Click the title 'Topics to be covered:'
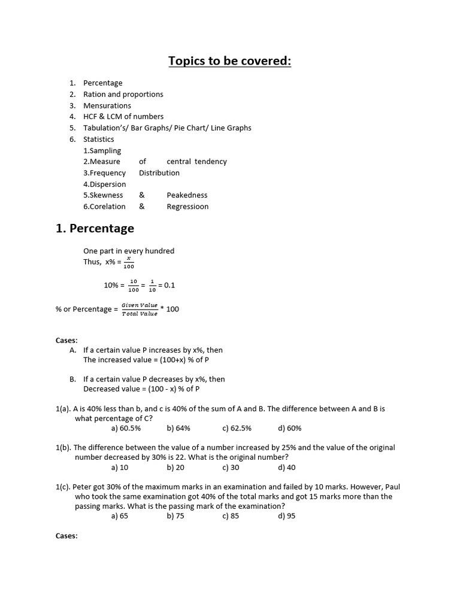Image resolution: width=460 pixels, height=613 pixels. coord(229,61)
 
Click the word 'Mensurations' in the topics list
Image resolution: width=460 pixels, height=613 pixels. coord(107,105)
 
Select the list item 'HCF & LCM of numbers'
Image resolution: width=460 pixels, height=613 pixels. coord(123,117)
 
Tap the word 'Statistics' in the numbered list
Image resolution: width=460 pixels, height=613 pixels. coord(98,139)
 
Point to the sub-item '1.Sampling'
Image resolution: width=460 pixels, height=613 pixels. coord(102,151)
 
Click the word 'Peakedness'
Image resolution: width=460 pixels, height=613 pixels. coord(187,195)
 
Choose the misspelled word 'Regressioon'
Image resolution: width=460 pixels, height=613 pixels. coord(187,207)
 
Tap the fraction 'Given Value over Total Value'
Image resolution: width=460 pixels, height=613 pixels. coord(140,309)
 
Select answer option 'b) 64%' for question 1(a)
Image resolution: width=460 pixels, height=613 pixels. coord(178,429)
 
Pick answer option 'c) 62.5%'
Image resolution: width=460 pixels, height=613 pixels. coord(237,429)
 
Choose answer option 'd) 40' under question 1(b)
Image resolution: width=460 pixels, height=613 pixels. coord(286,468)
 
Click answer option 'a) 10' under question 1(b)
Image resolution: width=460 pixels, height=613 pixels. coord(120,468)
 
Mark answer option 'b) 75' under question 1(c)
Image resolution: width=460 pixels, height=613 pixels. coord(175,516)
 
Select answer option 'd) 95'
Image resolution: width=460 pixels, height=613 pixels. coord(286,516)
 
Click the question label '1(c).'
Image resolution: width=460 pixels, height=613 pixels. coord(63,487)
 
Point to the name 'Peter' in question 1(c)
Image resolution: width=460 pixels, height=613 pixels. coord(83,487)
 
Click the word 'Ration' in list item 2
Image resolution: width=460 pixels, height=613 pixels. coord(94,95)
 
